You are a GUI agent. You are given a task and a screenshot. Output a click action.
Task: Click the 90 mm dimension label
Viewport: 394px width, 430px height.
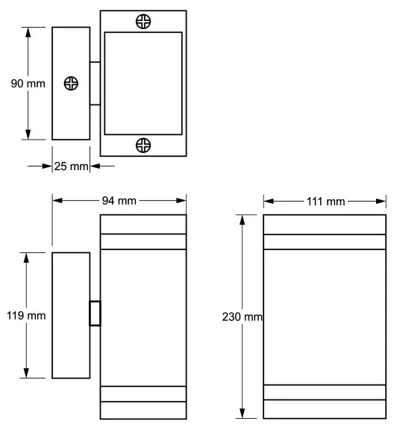[28, 84]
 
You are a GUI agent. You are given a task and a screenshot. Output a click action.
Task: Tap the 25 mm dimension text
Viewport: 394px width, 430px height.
[72, 166]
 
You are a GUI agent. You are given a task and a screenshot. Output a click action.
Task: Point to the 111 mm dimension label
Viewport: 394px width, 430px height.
[325, 201]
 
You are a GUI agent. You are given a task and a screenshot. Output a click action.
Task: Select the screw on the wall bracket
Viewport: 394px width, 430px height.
[71, 84]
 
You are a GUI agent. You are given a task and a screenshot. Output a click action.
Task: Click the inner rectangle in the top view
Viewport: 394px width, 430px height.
[143, 83]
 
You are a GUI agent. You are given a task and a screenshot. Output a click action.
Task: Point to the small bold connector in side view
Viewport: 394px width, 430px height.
[95, 314]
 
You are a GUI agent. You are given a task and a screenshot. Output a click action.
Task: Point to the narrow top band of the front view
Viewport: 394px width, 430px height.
[325, 240]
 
